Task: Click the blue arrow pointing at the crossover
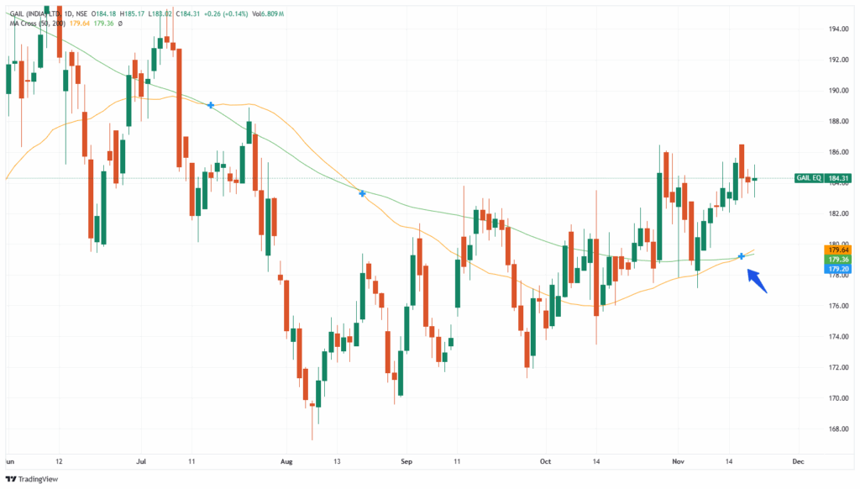[x=757, y=281]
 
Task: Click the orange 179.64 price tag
[x=837, y=250]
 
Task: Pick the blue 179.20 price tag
[x=837, y=270]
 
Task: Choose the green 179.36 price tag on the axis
[x=837, y=260]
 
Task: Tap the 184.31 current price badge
[x=837, y=178]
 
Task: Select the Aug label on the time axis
[x=287, y=461]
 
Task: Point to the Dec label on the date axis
[x=798, y=461]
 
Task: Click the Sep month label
[x=407, y=461]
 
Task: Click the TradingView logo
[x=34, y=479]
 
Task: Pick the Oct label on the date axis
[x=546, y=461]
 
